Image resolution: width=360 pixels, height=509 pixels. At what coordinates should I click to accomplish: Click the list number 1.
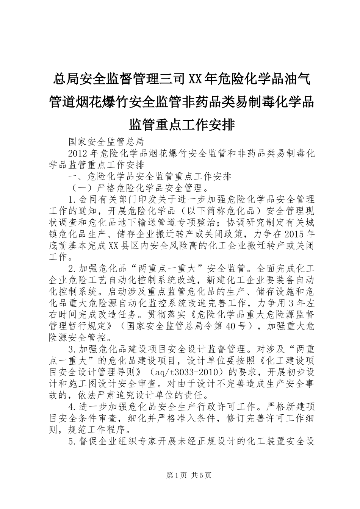[71, 199]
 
